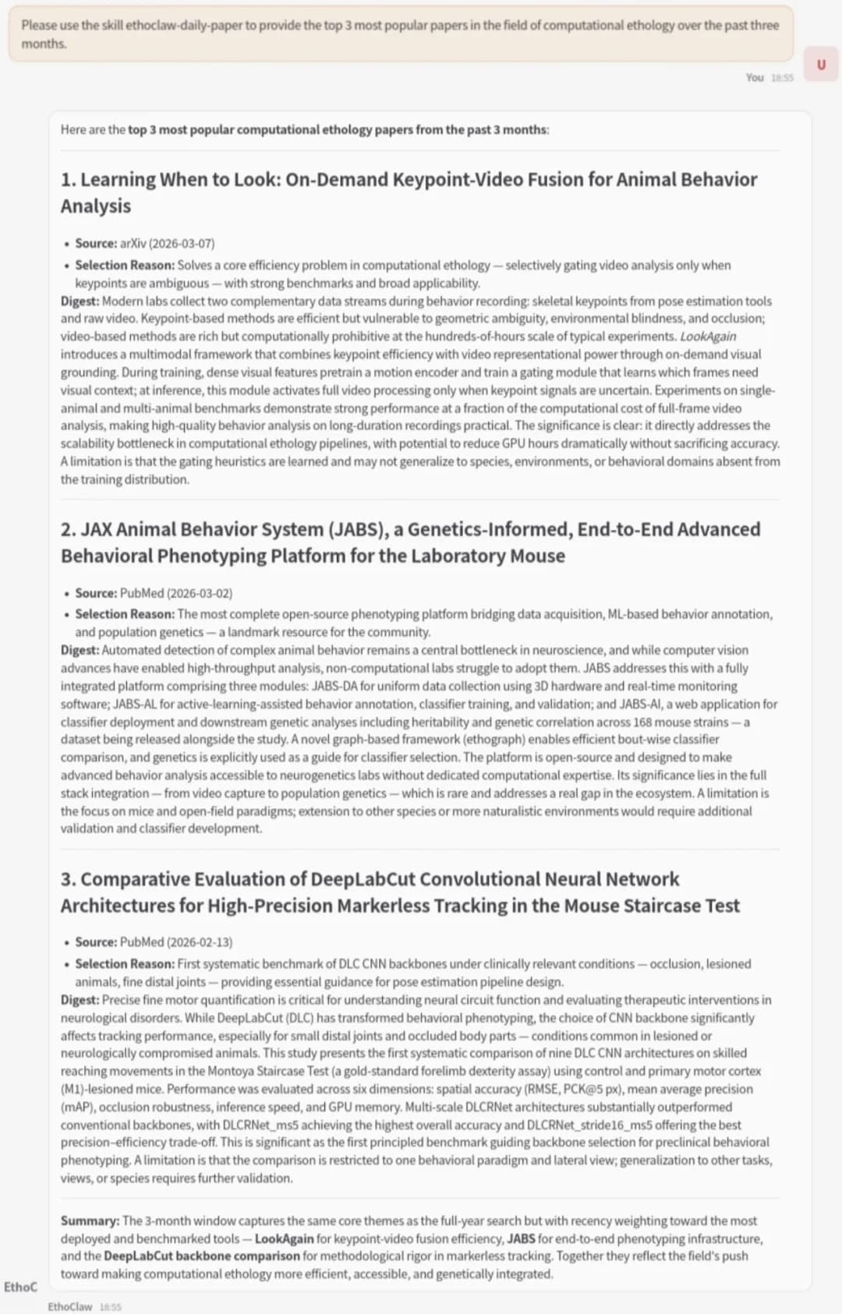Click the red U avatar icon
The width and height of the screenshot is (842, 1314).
820,65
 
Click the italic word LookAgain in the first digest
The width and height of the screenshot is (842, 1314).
708,337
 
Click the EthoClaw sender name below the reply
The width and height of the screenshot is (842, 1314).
69,1306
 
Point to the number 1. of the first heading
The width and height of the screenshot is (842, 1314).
69,180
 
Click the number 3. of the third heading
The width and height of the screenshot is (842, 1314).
69,879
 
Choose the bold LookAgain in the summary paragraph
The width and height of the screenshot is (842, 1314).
284,1238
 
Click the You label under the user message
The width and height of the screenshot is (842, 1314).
754,78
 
